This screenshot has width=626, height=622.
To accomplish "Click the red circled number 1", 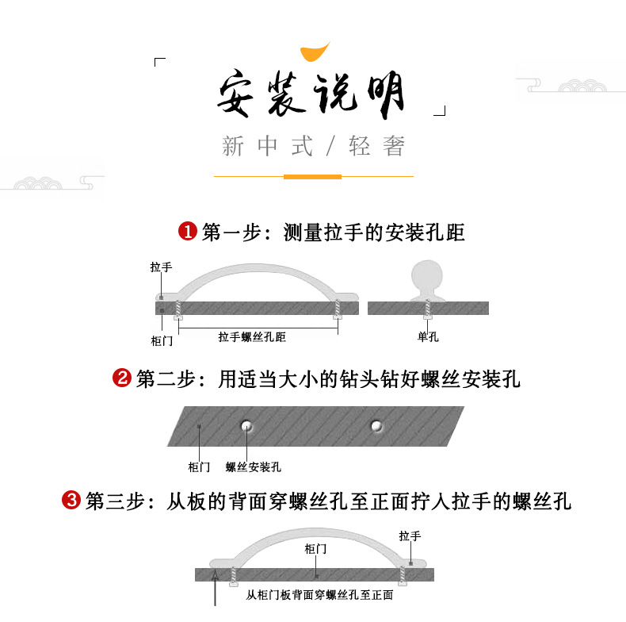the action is [x=188, y=231].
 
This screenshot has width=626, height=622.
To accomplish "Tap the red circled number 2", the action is [x=122, y=378].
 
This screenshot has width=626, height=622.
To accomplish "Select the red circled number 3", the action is [x=71, y=500].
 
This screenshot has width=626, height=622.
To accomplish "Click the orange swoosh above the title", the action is [x=315, y=52].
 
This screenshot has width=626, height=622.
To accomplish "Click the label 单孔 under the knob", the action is [x=428, y=337].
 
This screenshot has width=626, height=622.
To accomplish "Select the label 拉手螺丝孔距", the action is [x=252, y=337].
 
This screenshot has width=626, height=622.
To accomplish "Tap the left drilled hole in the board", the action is [x=246, y=426].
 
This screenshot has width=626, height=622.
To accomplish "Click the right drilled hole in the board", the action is [x=376, y=426].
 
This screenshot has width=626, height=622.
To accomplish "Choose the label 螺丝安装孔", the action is [x=254, y=467].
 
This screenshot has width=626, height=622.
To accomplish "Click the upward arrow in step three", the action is [x=216, y=588].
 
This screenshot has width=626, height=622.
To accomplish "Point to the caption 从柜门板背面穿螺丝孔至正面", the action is [x=319, y=595].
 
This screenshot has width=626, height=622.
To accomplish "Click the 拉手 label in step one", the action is [x=162, y=267].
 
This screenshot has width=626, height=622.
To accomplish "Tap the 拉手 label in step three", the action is [x=410, y=536].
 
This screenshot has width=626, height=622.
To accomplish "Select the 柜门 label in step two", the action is [x=199, y=467].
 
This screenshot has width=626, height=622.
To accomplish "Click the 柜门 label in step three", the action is [x=315, y=549].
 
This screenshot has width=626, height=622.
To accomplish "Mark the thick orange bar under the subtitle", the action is [x=312, y=177].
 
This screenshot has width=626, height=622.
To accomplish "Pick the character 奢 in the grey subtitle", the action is [x=394, y=145].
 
